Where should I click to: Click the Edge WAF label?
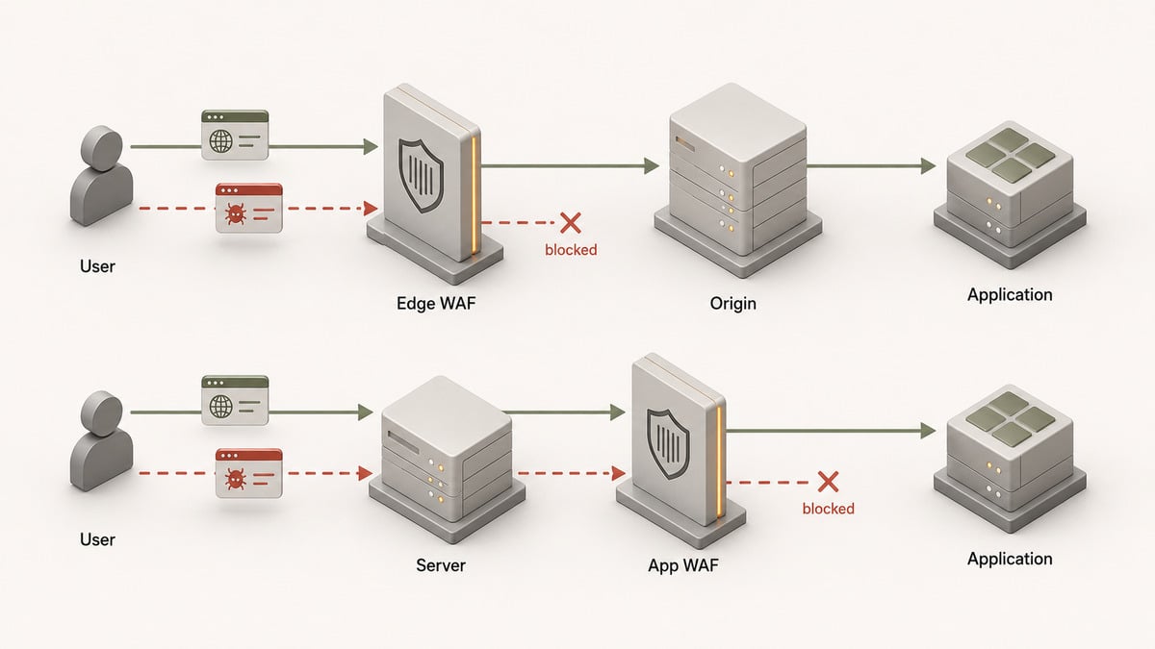(x=436, y=304)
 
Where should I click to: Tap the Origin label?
(x=732, y=304)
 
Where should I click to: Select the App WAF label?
(x=682, y=565)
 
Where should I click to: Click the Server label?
(x=441, y=565)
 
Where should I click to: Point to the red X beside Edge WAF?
(x=570, y=223)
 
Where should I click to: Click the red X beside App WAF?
(x=828, y=482)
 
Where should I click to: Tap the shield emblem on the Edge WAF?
(x=421, y=176)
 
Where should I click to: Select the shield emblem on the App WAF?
(x=668, y=444)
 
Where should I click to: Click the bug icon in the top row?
(x=235, y=213)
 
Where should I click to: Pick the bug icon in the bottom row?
(x=235, y=479)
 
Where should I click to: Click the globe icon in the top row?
(x=220, y=140)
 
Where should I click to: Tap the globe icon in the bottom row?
(x=220, y=407)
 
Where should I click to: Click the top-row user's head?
(x=102, y=148)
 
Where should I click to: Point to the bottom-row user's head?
(x=102, y=413)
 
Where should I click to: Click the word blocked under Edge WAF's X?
(x=571, y=250)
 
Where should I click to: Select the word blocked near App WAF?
(x=828, y=509)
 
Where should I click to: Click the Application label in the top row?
(x=1010, y=294)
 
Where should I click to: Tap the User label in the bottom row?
(x=97, y=539)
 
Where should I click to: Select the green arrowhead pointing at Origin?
(x=652, y=165)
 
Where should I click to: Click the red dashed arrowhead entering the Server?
(x=366, y=473)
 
